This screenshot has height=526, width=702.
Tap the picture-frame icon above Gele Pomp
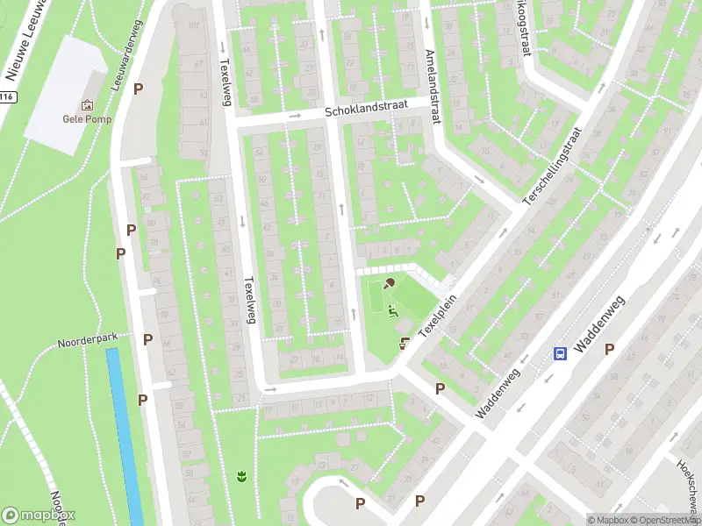[86, 105]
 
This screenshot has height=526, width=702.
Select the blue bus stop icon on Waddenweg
[560, 353]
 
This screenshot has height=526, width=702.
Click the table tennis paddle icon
[390, 282]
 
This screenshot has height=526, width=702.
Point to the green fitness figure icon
[393, 309]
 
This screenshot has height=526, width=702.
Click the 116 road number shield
[7, 97]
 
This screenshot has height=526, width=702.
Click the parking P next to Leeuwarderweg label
[138, 89]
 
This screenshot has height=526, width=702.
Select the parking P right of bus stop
[609, 349]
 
